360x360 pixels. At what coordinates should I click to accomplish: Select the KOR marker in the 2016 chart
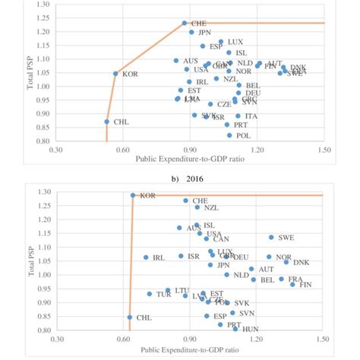pyautogui.click(x=133, y=195)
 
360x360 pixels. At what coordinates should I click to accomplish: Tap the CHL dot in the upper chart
pyautogui.click(x=106, y=122)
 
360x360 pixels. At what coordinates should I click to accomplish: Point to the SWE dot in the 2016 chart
pyautogui.click(x=270, y=238)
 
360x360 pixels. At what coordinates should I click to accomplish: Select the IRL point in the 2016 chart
pyautogui.click(x=146, y=257)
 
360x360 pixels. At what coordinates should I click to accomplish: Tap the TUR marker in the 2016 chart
pyautogui.click(x=150, y=294)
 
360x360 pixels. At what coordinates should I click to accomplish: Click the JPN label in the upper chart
pyautogui.click(x=204, y=33)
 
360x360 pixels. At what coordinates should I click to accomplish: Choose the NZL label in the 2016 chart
pyautogui.click(x=212, y=207)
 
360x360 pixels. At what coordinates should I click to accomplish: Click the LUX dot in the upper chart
pyautogui.click(x=221, y=42)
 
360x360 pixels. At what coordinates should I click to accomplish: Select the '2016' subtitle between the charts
pyautogui.click(x=179, y=179)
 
